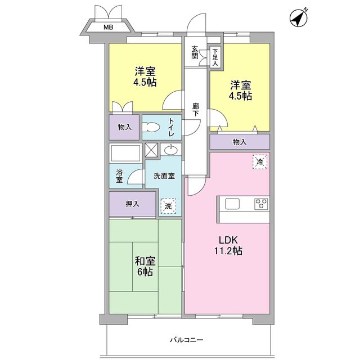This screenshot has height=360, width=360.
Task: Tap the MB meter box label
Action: pos(107,26)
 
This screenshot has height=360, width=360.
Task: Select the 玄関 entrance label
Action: pos(195,52)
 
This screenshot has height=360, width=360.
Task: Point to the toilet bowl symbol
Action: pos(151,128)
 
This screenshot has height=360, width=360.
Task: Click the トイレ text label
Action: pos(172,127)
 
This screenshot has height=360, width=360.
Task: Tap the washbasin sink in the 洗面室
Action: pos(170,150)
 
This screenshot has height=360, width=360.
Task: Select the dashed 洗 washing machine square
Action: pos(168,206)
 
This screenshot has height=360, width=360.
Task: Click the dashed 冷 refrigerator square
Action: pos(259,161)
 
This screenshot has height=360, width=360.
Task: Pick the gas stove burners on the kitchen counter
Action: pos(261,204)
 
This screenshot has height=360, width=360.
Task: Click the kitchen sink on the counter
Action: pos(232,204)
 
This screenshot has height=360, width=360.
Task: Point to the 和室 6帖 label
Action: pos(145,266)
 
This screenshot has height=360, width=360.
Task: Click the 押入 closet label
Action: pos(133,205)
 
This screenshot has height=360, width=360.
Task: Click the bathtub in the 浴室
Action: pos(126,153)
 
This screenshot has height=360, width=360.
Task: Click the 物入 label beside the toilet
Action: pos(124,127)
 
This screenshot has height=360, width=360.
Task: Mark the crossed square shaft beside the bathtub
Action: pos(151,150)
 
